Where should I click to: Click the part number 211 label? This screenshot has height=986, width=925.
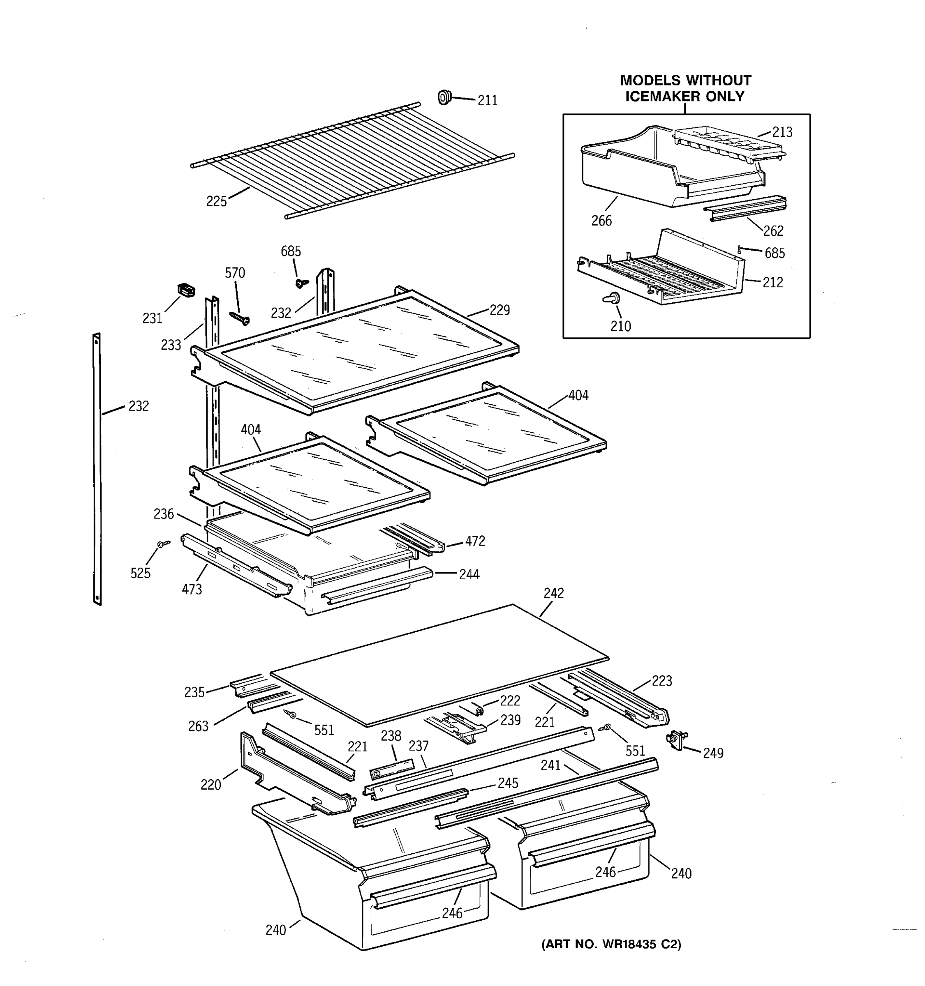tap(487, 101)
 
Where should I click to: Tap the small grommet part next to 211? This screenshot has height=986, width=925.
tap(444, 97)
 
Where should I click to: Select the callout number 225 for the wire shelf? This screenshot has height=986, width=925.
tap(216, 201)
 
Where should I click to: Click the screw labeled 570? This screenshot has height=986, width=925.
tap(240, 318)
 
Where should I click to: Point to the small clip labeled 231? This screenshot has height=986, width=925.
tap(185, 290)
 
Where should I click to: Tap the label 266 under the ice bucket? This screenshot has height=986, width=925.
tap(601, 221)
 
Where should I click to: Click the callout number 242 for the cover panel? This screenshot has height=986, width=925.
tap(553, 593)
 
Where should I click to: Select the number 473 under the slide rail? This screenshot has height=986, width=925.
tap(192, 589)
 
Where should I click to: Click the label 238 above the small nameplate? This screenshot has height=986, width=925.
tap(391, 736)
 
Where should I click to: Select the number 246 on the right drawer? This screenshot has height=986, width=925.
tap(606, 872)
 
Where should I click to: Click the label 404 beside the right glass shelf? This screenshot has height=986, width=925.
tap(578, 395)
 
